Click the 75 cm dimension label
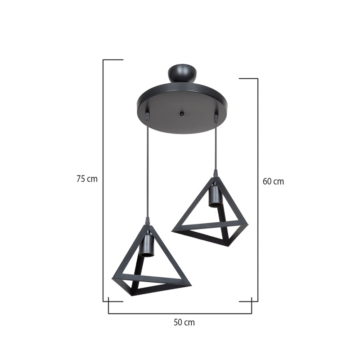coord(87,179)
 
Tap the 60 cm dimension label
coord(273,182)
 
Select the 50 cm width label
coord(184,322)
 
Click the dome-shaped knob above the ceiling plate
coord(182,73)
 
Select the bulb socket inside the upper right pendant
coord(216,197)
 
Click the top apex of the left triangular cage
coord(147,226)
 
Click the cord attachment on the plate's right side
coord(216,119)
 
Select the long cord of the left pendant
coord(147,171)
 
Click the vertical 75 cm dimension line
coord(103,180)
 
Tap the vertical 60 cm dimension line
coord(258,189)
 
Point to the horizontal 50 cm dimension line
coord(180,313)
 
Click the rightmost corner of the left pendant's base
coord(191,284)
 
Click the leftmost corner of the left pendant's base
coord(112,279)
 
